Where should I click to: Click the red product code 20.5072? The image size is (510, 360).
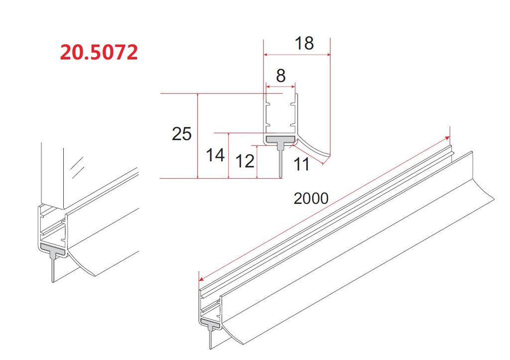pyautogui.click(x=99, y=52)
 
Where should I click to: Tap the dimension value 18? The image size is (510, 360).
pyautogui.click(x=304, y=43)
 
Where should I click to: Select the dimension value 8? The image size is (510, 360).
pyautogui.click(x=280, y=76)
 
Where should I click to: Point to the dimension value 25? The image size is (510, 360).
pyautogui.click(x=181, y=133)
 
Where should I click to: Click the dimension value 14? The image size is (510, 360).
pyautogui.click(x=215, y=155)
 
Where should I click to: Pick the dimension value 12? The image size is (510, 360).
pyautogui.click(x=244, y=161)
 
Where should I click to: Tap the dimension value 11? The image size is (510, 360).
pyautogui.click(x=301, y=164)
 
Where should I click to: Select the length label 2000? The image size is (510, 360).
pyautogui.click(x=311, y=198)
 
